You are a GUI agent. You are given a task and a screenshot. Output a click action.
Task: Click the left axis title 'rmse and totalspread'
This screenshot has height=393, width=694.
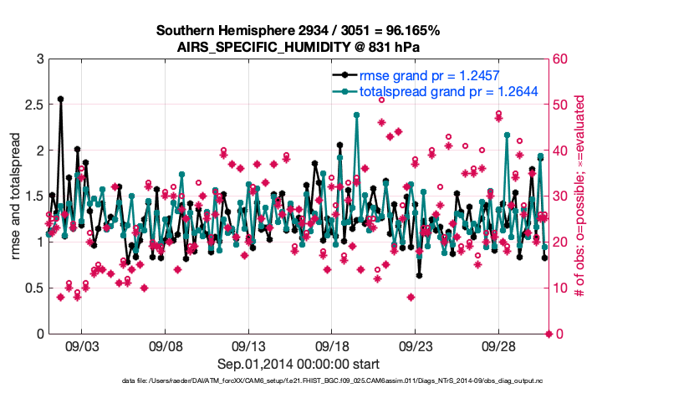16,196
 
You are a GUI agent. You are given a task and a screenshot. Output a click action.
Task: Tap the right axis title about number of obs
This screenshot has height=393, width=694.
579,196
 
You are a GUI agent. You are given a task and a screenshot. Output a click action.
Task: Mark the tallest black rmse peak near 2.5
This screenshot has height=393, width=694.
60,99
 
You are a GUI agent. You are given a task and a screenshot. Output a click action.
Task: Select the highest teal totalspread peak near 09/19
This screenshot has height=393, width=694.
357,115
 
